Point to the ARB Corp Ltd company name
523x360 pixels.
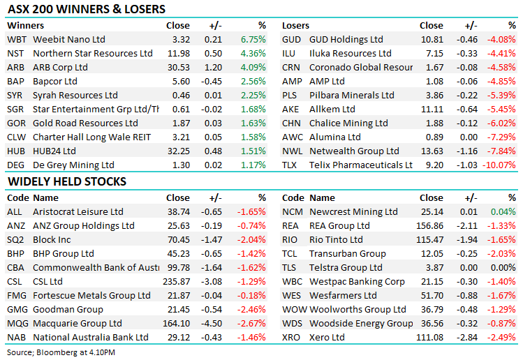coord(60,67)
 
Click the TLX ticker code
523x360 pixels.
coord(290,165)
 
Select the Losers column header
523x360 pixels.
coord(296,25)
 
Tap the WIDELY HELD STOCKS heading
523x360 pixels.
coord(66,182)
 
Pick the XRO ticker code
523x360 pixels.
coord(292,337)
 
